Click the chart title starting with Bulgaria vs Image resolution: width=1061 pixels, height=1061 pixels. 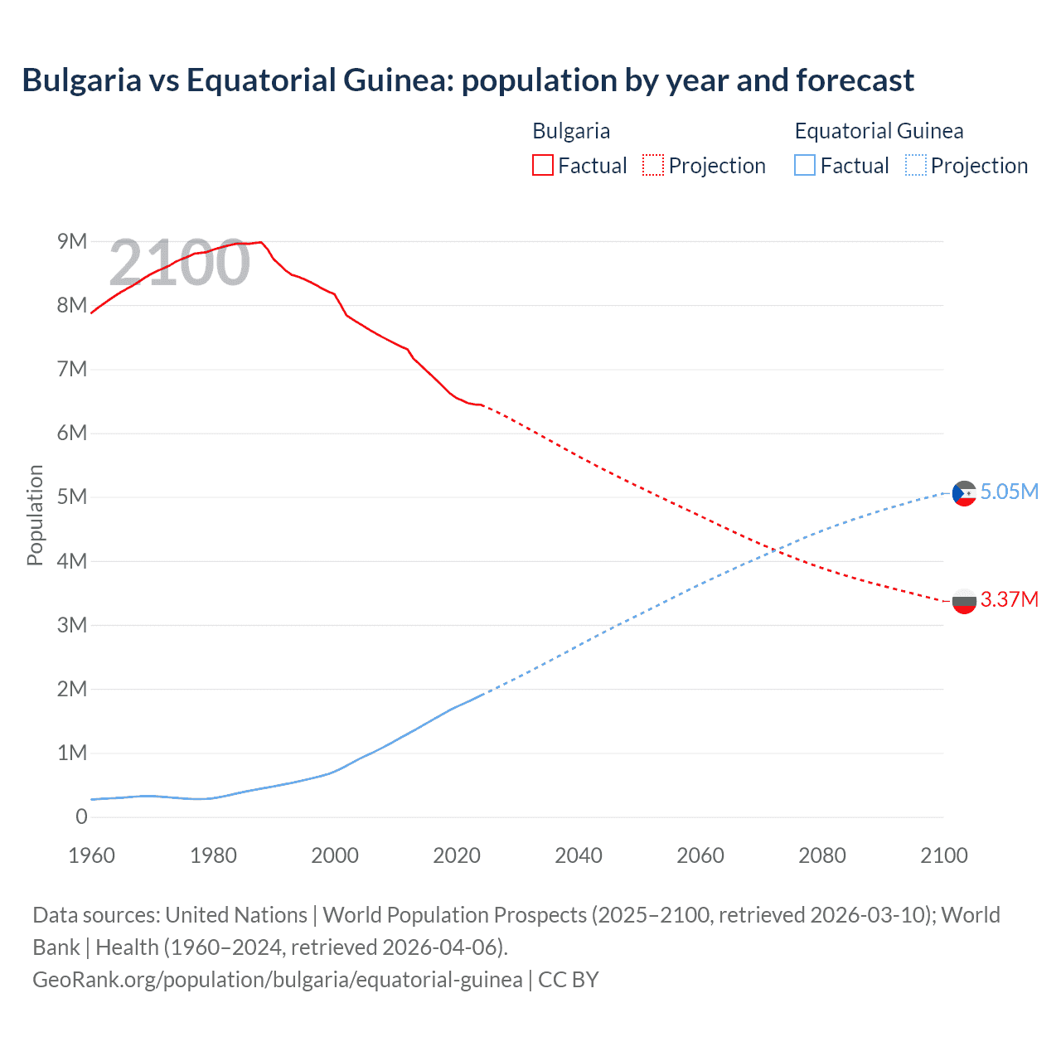[468, 80]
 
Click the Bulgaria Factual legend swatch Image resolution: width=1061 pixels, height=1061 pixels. [542, 165]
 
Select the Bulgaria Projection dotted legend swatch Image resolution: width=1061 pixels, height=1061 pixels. [653, 165]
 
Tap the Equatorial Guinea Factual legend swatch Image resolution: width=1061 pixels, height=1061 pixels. [804, 165]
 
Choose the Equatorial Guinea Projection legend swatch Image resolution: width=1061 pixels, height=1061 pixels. [915, 165]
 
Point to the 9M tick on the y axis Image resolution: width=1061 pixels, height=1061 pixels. [72, 241]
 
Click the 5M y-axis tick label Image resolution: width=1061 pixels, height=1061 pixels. [72, 497]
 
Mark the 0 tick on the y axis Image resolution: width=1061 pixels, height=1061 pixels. [81, 816]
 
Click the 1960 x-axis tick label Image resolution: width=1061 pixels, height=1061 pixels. [91, 855]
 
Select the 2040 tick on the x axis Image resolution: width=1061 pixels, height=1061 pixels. [579, 855]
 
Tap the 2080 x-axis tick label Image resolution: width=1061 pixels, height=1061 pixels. [822, 855]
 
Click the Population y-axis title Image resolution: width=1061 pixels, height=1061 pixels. [35, 515]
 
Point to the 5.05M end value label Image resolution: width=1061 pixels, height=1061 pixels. [1009, 492]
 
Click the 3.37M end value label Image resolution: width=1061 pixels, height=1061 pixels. [1009, 599]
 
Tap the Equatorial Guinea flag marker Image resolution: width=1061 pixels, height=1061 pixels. [964, 493]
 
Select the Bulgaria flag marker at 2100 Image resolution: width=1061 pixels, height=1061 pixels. [964, 601]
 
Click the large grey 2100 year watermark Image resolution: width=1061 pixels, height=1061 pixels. [179, 263]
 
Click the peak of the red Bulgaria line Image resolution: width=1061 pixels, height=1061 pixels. [261, 242]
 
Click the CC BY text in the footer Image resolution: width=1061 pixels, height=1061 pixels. [569, 979]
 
